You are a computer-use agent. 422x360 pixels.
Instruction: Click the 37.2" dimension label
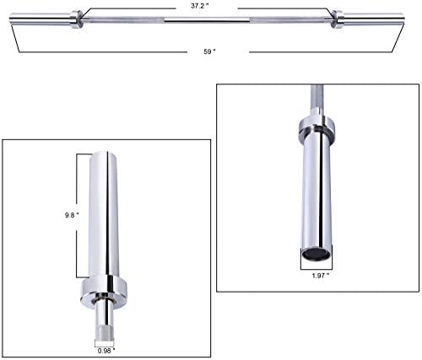tap(200, 6)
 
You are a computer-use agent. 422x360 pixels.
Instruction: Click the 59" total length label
tap(209, 51)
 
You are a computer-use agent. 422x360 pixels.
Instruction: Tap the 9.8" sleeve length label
tap(72, 215)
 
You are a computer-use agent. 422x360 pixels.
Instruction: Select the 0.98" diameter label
tap(106, 351)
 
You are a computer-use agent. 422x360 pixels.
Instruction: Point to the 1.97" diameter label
tap(321, 276)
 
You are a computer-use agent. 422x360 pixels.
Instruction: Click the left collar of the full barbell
tap(76, 19)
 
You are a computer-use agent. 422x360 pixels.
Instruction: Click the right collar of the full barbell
tap(337, 19)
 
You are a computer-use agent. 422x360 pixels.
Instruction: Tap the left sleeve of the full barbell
tap(40, 19)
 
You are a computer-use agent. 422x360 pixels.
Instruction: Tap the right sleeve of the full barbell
tap(374, 19)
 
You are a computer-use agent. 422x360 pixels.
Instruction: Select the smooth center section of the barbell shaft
tap(207, 19)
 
